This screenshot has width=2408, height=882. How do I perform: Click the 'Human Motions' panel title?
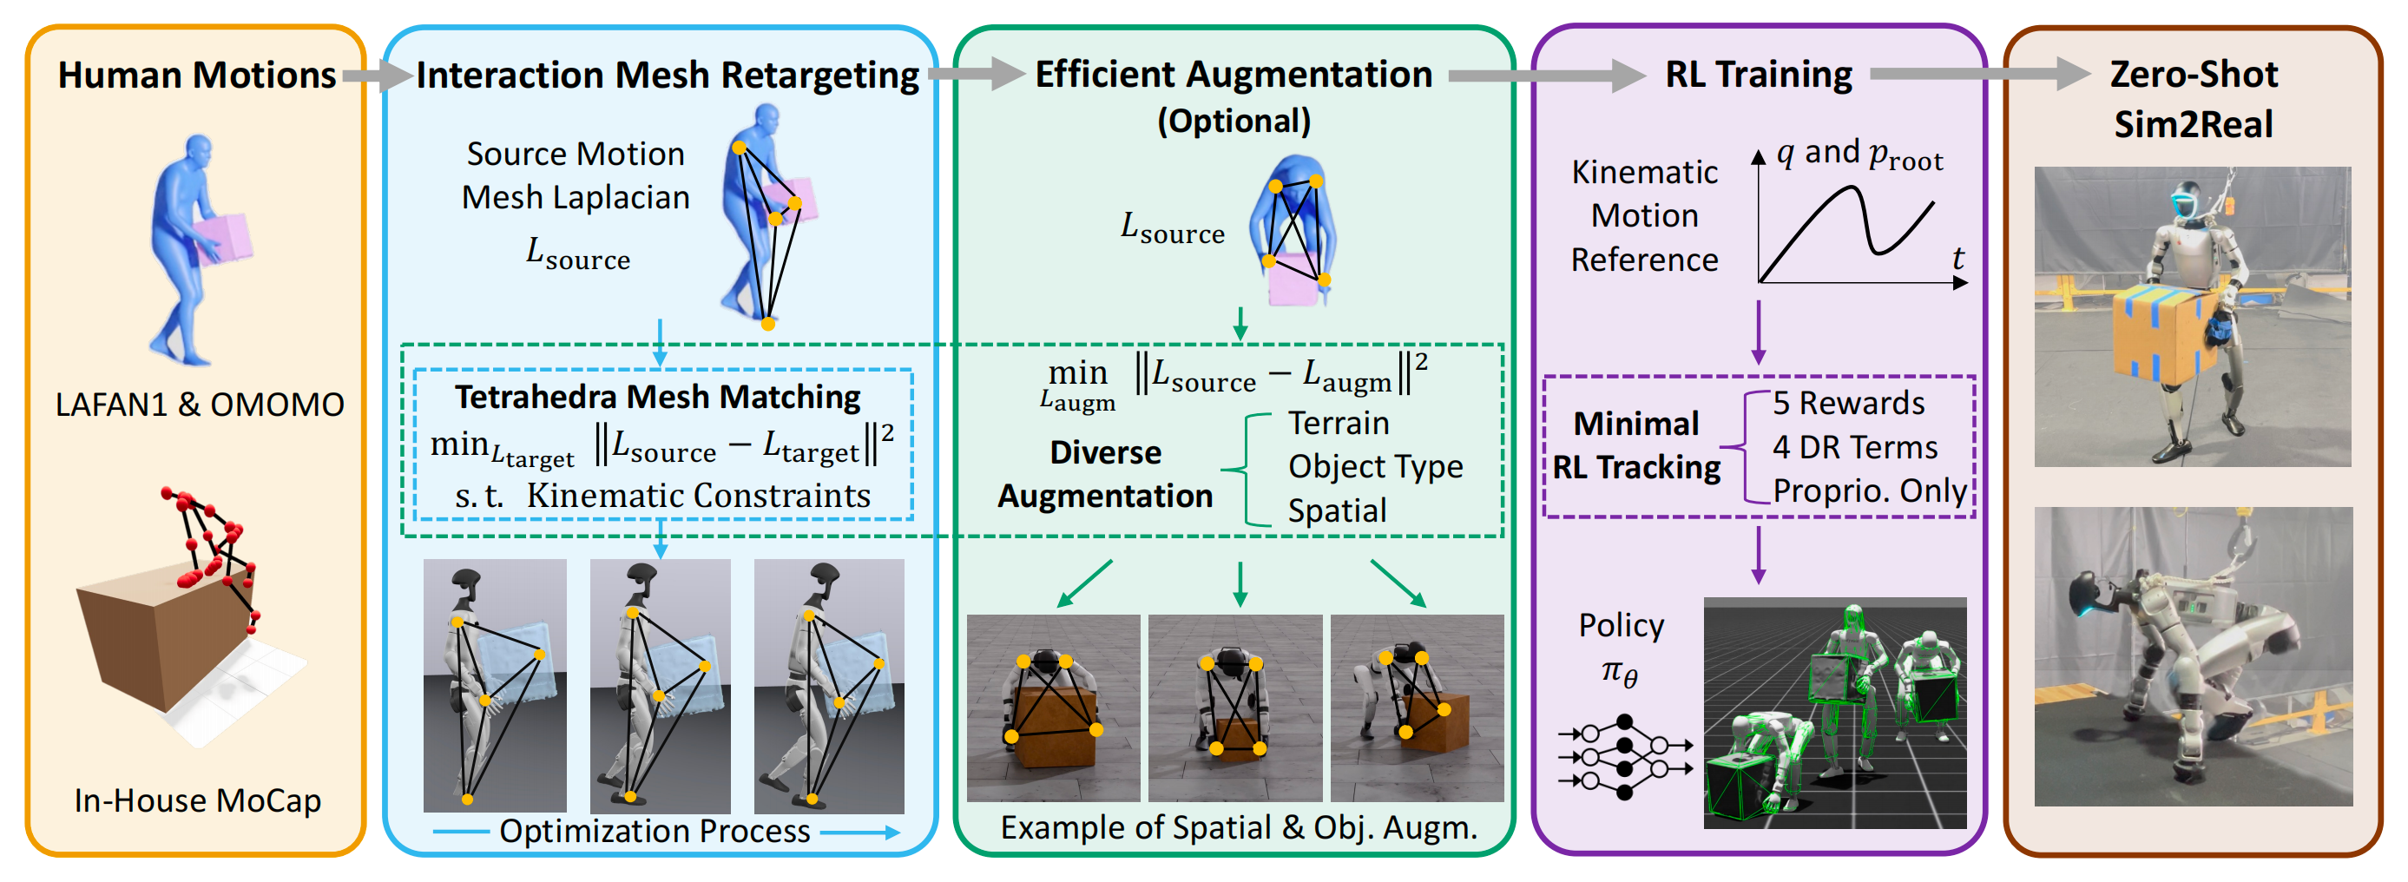click(x=196, y=75)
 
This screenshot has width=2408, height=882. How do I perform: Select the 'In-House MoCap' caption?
click(x=197, y=800)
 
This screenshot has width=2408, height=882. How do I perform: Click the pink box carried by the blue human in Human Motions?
click(x=223, y=238)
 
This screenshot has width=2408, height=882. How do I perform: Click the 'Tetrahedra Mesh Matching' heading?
click(x=657, y=397)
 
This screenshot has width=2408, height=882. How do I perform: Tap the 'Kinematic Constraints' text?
click(x=698, y=495)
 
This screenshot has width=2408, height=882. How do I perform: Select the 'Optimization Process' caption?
click(x=655, y=831)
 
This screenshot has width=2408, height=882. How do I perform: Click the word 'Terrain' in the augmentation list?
click(x=1339, y=423)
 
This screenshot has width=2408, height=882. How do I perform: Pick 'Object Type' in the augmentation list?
click(x=1375, y=466)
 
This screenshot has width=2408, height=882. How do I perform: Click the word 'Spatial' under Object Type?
click(x=1337, y=510)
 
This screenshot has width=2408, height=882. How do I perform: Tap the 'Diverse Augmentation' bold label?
click(x=1105, y=474)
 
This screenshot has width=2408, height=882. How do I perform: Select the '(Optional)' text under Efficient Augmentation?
click(x=1234, y=121)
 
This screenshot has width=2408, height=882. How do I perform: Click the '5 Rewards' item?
click(x=1848, y=403)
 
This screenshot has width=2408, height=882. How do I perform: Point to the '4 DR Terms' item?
click(x=1854, y=447)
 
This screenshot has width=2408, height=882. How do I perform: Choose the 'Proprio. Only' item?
click(x=1870, y=490)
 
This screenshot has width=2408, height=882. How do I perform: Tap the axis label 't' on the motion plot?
click(x=1957, y=258)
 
